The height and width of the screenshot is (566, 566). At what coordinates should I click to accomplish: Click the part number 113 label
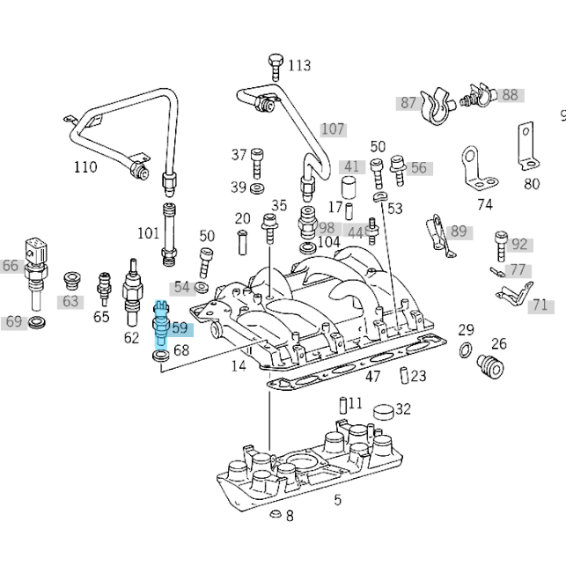click(299, 65)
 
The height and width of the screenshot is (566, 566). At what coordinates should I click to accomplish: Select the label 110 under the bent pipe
click(85, 167)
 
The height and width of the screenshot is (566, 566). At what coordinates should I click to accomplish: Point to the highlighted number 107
click(333, 129)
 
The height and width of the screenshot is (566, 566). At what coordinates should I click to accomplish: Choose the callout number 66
click(11, 266)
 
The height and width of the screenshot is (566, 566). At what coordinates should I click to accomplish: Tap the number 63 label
click(70, 301)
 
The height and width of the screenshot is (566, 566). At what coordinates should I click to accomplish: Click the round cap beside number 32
click(384, 411)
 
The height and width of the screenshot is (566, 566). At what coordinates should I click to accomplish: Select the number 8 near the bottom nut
click(290, 516)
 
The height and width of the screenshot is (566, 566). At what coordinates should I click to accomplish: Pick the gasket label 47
click(373, 377)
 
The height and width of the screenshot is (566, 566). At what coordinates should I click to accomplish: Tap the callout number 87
click(408, 103)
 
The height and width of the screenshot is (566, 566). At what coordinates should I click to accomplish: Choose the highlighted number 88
click(511, 95)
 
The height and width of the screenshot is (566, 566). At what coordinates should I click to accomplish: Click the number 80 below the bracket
click(532, 184)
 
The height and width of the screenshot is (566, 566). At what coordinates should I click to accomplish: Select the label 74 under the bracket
click(485, 204)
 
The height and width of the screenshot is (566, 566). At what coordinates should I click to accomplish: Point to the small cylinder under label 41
click(349, 187)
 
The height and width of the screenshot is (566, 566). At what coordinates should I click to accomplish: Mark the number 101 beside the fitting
click(148, 233)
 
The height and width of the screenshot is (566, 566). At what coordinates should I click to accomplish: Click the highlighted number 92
click(519, 245)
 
